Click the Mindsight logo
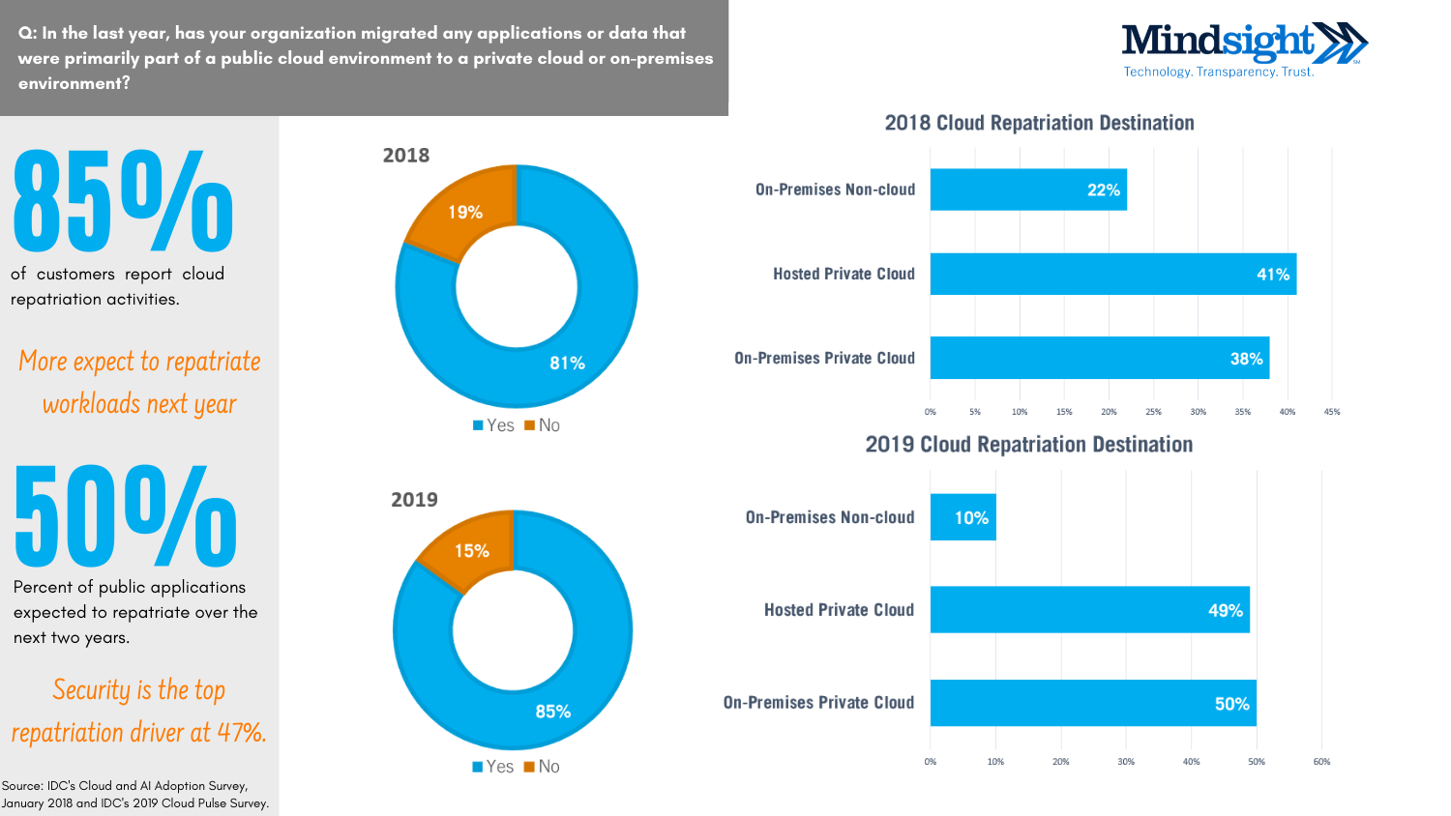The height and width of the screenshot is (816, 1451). (1243, 49)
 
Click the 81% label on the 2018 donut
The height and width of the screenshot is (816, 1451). (567, 363)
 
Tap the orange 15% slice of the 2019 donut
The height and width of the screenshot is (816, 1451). (471, 550)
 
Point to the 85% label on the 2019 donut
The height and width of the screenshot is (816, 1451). (552, 711)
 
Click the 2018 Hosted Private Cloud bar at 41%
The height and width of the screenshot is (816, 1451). (1112, 274)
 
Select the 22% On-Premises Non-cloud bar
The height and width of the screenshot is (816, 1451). (1027, 189)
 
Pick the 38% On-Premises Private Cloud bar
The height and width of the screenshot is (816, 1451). (1099, 358)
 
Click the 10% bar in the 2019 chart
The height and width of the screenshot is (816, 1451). (963, 517)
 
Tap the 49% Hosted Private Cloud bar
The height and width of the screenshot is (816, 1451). (1089, 610)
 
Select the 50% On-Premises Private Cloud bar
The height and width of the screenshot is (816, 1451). (1093, 703)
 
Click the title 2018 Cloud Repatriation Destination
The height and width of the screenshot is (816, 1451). (1039, 123)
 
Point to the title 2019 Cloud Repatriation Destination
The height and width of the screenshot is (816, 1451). (1028, 445)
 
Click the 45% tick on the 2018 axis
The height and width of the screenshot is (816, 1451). (1332, 412)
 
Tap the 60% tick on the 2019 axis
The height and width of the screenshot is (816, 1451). (1321, 762)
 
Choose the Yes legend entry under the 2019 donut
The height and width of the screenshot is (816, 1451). (493, 767)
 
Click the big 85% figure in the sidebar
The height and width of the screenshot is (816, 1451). (123, 202)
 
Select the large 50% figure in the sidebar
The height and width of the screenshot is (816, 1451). (125, 517)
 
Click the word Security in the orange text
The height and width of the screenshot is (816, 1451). (91, 690)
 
